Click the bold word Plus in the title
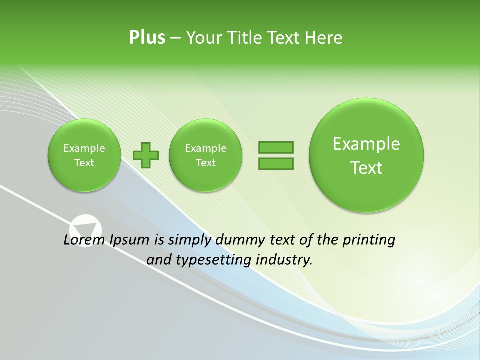pyautogui.click(x=147, y=38)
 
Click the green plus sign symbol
pyautogui.click(x=146, y=155)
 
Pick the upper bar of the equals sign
pyautogui.click(x=275, y=147)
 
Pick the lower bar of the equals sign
pyautogui.click(x=275, y=163)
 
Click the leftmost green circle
pyautogui.click(x=84, y=155)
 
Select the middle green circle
pyautogui.click(x=205, y=155)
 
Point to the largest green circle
pyautogui.click(x=366, y=155)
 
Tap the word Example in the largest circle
pyautogui.click(x=366, y=144)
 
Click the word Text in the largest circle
pyautogui.click(x=366, y=168)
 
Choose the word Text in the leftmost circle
pyautogui.click(x=84, y=163)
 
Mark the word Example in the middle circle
pyautogui.click(x=205, y=148)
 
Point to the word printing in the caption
pyautogui.click(x=370, y=240)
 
